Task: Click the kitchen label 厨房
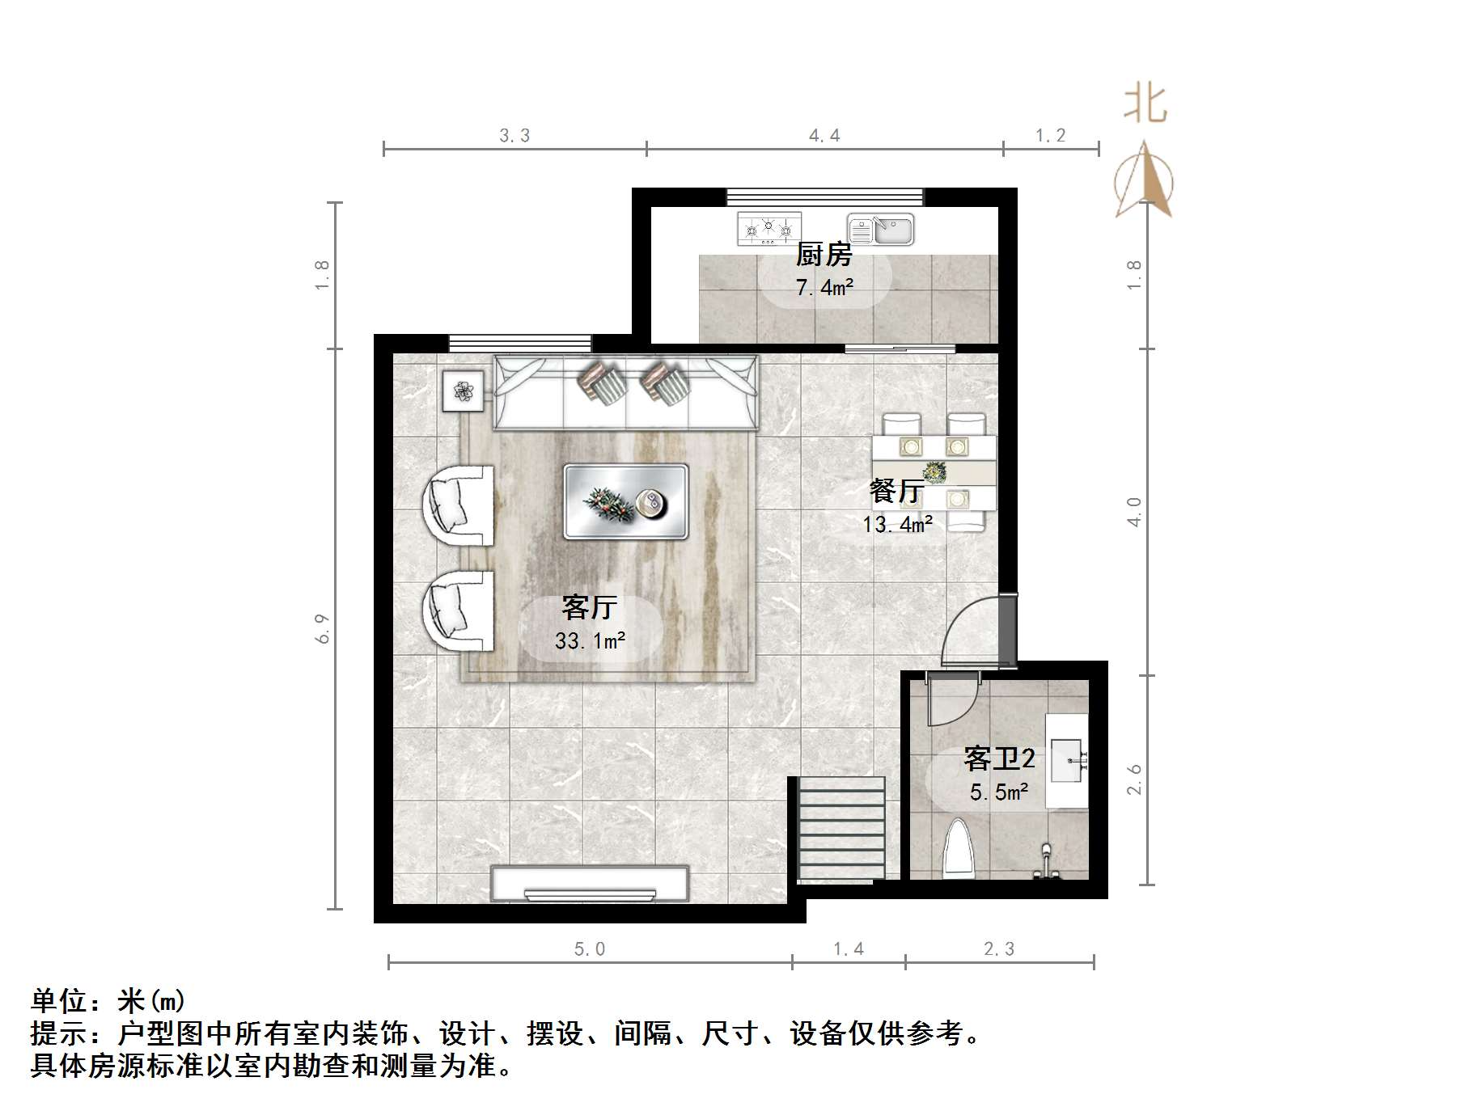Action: point(824,255)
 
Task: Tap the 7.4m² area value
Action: point(824,287)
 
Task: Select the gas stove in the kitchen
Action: point(769,229)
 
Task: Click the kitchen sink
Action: point(880,230)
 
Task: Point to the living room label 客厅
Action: point(589,607)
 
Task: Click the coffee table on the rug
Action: point(625,501)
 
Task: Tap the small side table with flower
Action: point(463,391)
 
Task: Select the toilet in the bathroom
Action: point(961,849)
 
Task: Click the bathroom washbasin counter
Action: point(1067,760)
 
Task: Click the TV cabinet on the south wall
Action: point(590,884)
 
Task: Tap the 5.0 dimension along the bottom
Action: point(590,949)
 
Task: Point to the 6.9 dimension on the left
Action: point(323,628)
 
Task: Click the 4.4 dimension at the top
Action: point(824,136)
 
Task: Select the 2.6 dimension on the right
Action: point(1134,779)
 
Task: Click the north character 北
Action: point(1145,104)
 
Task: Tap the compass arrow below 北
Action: point(1144,181)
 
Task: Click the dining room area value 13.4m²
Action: point(897,525)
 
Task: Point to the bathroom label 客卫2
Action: point(999,758)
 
